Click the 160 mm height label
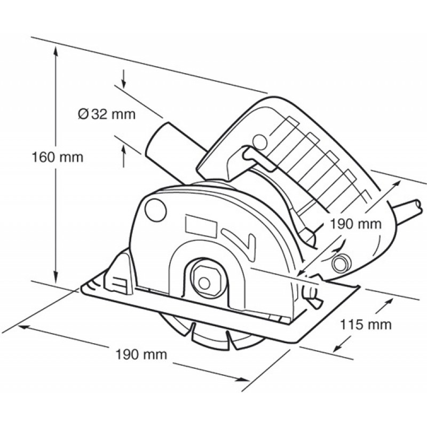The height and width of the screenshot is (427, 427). pyautogui.click(x=58, y=157)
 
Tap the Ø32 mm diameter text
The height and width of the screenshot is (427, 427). pyautogui.click(x=106, y=114)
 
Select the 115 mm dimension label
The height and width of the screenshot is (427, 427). pyautogui.click(x=366, y=325)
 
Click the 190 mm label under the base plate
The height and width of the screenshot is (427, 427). pyautogui.click(x=141, y=354)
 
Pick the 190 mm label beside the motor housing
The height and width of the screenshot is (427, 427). pyautogui.click(x=355, y=224)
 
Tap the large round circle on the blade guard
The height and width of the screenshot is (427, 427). pyautogui.click(x=155, y=210)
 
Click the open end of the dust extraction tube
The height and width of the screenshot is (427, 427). pyautogui.click(x=156, y=142)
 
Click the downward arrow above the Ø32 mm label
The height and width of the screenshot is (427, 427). pyautogui.click(x=124, y=79)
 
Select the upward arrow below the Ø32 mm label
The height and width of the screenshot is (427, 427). pyautogui.click(x=124, y=156)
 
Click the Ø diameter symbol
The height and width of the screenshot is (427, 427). pyautogui.click(x=83, y=114)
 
